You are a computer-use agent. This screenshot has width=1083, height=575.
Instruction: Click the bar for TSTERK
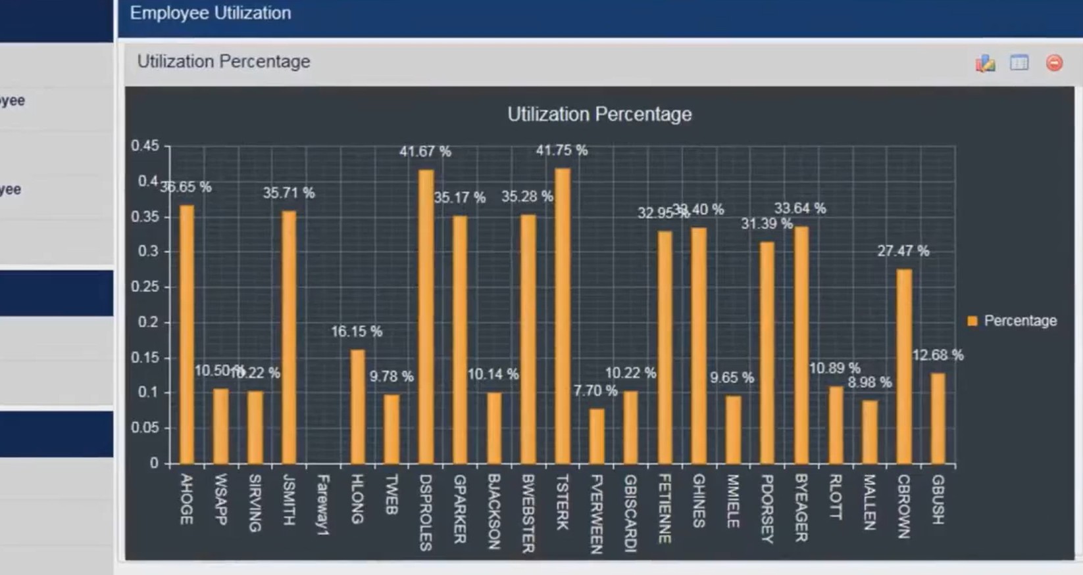tap(563, 315)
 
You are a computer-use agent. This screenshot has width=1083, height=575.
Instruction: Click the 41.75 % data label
tap(561, 150)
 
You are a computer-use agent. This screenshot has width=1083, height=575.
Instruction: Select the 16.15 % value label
tap(356, 331)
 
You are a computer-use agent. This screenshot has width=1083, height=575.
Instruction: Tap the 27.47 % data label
tap(903, 251)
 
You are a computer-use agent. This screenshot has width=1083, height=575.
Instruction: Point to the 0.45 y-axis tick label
tap(145, 146)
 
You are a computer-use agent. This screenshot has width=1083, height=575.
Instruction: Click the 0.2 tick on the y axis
tap(148, 322)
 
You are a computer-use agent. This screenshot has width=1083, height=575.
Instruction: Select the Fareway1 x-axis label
tap(322, 504)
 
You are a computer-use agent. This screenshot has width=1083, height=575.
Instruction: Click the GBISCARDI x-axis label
tap(630, 513)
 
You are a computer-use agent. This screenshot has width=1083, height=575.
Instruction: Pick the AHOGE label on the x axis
tap(187, 499)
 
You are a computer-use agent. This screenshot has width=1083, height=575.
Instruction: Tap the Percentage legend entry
tap(1013, 321)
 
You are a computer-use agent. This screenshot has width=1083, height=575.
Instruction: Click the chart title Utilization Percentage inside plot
tap(599, 114)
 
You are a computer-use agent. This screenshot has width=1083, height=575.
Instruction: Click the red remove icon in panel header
tap(1054, 62)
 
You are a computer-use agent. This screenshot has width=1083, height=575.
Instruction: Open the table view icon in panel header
tap(1019, 62)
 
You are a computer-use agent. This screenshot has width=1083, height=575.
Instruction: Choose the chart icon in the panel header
tap(985, 63)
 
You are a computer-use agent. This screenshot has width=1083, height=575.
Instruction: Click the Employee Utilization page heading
tap(211, 13)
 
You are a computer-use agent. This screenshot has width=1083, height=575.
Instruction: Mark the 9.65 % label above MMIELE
tap(732, 378)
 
